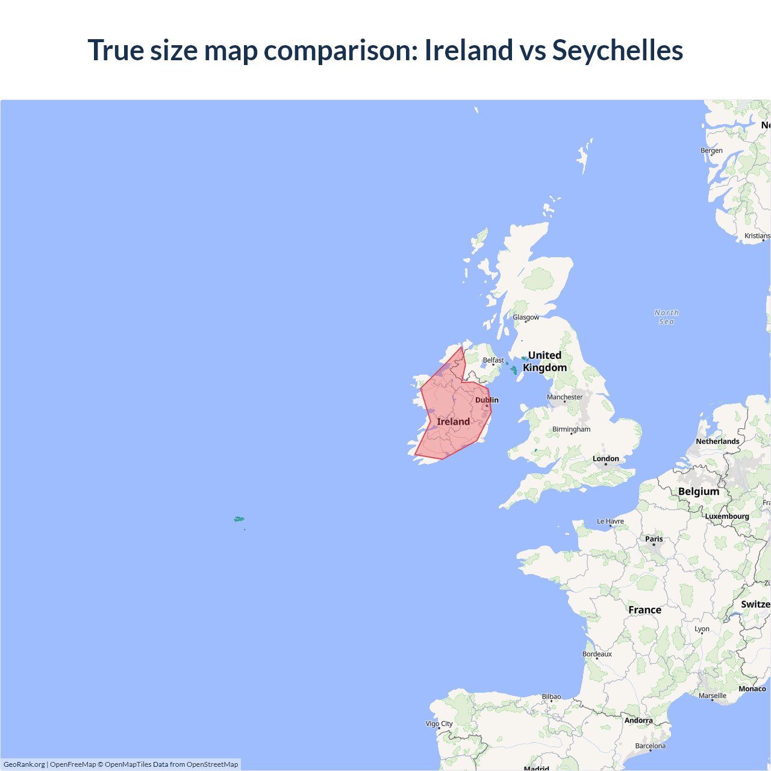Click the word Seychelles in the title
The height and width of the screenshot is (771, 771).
(x=617, y=50)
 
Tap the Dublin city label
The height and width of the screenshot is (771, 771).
(x=487, y=400)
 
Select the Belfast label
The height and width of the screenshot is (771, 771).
(x=493, y=360)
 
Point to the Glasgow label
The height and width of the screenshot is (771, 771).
(x=526, y=317)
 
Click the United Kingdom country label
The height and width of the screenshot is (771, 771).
(x=545, y=361)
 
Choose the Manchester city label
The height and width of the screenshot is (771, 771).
(x=564, y=397)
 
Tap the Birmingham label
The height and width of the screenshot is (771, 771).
(x=571, y=429)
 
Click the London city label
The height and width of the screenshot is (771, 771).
(x=605, y=459)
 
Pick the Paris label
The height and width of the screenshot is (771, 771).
(x=654, y=539)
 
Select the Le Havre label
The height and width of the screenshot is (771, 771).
(x=610, y=522)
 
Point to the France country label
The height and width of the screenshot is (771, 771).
(x=645, y=610)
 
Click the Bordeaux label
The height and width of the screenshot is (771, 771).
(x=597, y=654)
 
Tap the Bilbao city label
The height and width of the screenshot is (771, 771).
(x=551, y=697)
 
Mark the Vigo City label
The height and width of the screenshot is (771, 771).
(x=439, y=724)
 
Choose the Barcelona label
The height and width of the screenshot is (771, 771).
(x=651, y=746)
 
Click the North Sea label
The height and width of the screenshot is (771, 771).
(x=666, y=317)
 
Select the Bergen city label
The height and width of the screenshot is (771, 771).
(x=711, y=151)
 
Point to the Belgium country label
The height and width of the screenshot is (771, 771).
(x=699, y=492)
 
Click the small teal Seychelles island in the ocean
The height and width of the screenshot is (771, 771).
(x=239, y=519)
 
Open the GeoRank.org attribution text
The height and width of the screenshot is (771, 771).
(x=24, y=764)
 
